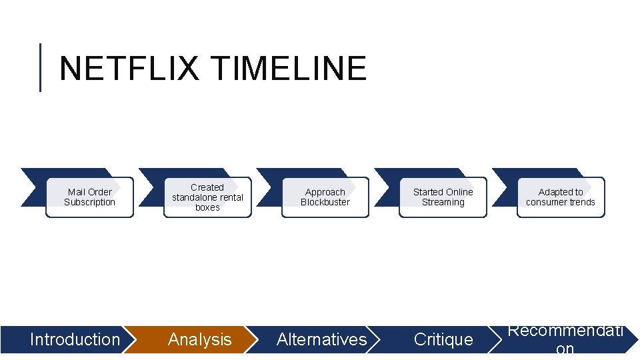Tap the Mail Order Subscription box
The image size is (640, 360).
[89, 197]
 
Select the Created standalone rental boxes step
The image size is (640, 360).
[207, 197]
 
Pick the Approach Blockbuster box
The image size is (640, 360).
[325, 197]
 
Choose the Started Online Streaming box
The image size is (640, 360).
[443, 197]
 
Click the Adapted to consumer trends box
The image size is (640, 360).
[561, 197]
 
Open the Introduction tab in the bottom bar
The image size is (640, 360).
[75, 339]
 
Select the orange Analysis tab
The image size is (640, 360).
[199, 339]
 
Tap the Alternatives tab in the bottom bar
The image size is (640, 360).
[321, 339]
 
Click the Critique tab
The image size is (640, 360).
[443, 339]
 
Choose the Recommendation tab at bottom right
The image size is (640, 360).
[565, 339]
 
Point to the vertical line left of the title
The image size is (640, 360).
[41, 67]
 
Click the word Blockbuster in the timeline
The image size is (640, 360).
[325, 203]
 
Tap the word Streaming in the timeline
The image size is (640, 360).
[443, 203]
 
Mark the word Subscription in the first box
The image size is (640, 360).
[89, 203]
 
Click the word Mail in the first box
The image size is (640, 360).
[76, 192]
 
